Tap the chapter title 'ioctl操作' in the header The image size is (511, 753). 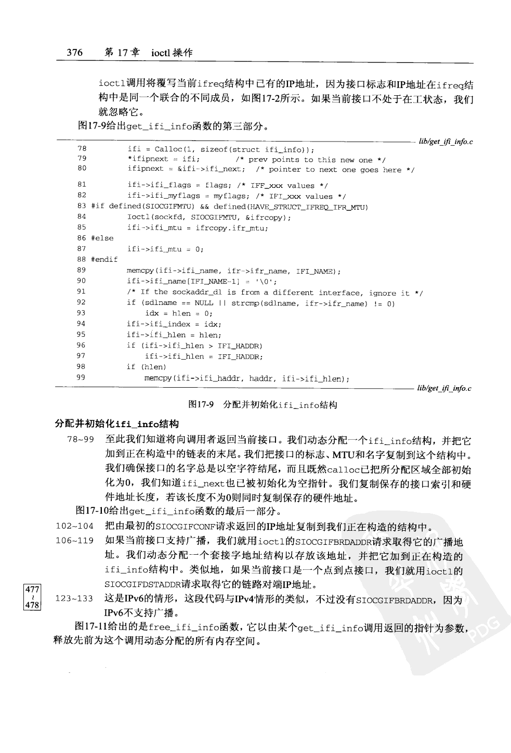point(172,53)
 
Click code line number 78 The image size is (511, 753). point(82,149)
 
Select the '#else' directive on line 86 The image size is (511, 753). point(102,238)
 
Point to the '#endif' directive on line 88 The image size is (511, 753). point(104,260)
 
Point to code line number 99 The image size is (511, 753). point(81,378)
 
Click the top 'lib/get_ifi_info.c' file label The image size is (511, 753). point(446,142)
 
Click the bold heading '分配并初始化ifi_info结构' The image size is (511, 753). point(117,424)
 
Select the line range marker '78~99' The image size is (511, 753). point(81,440)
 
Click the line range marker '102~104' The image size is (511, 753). point(74,526)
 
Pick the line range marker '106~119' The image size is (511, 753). point(74,540)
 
